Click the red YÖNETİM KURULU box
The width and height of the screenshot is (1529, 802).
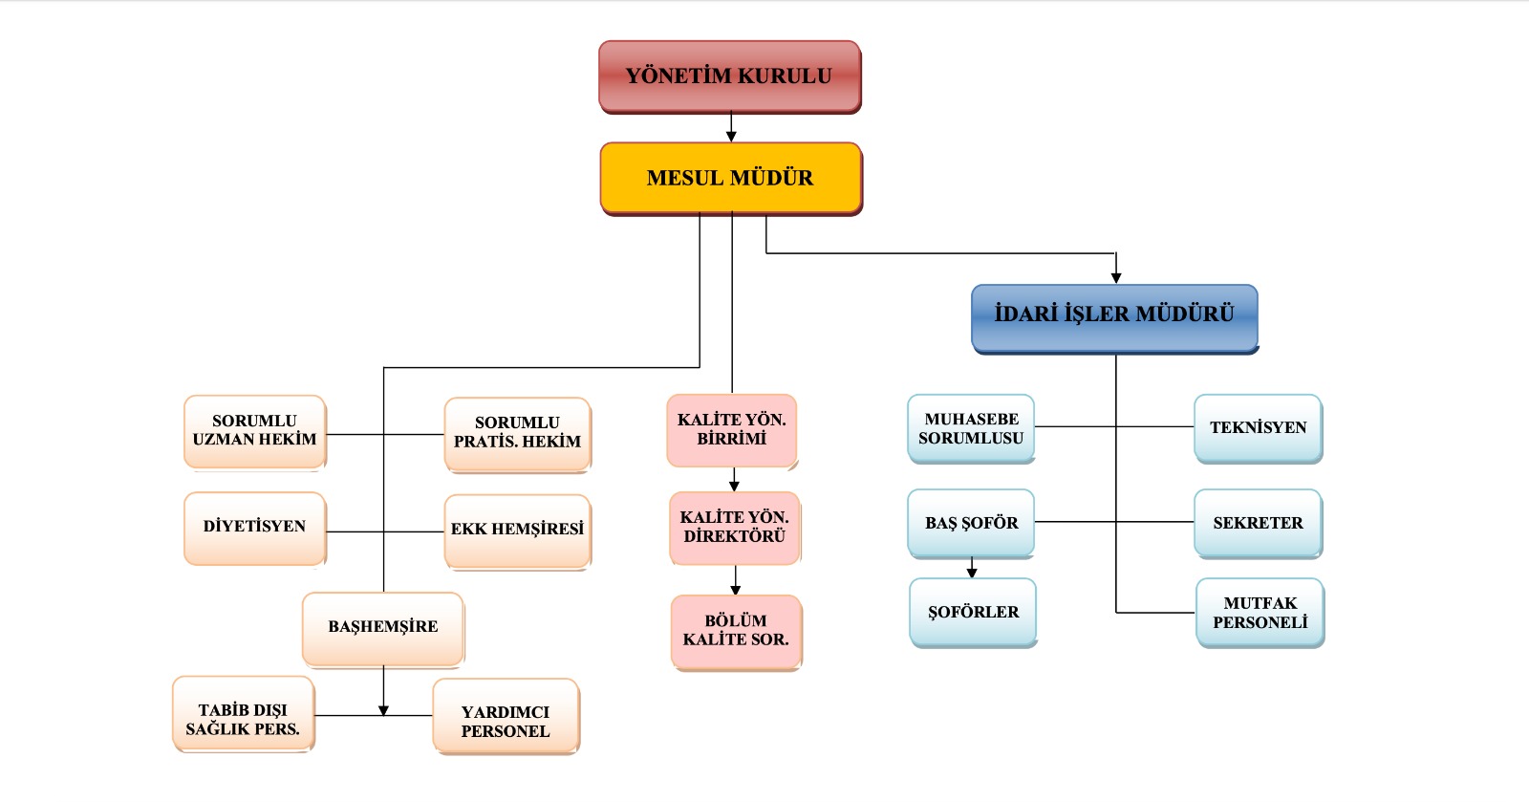[x=730, y=76]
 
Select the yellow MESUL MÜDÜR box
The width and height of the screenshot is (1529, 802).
[x=731, y=178]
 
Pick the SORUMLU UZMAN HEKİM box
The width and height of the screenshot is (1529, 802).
[x=255, y=431]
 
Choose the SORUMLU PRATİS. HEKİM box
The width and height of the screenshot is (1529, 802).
[x=517, y=433]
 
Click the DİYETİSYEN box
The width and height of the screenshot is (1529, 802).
[x=254, y=527]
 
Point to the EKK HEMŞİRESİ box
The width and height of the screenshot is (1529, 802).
[x=517, y=531]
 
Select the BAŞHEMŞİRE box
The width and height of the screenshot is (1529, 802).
[x=383, y=628]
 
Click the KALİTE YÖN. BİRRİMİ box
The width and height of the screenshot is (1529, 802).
[x=732, y=430]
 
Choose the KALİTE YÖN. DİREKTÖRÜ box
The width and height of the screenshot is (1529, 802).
[x=735, y=528]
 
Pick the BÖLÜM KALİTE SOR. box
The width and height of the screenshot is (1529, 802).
[x=736, y=631]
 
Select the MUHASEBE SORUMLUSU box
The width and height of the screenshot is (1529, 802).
[x=971, y=428]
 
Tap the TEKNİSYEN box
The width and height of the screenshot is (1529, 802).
[x=1258, y=428]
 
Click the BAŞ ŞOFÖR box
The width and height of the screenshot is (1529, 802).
[x=971, y=523]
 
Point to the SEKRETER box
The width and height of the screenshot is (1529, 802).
[x=1258, y=523]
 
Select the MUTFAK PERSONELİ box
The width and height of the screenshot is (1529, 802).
[x=1260, y=613]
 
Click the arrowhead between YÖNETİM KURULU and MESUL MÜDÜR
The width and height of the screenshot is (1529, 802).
[x=731, y=137]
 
